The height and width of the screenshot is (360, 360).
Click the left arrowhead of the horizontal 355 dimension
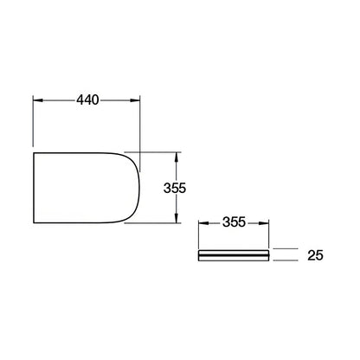pos(202,224)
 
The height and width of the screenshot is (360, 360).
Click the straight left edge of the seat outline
pos(34,188)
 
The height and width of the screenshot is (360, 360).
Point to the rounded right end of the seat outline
pos(139,188)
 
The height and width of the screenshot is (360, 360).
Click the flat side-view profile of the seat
pos(234,255)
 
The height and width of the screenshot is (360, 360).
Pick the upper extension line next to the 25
pos(285,250)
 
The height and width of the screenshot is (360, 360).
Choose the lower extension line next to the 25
pos(285,260)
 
